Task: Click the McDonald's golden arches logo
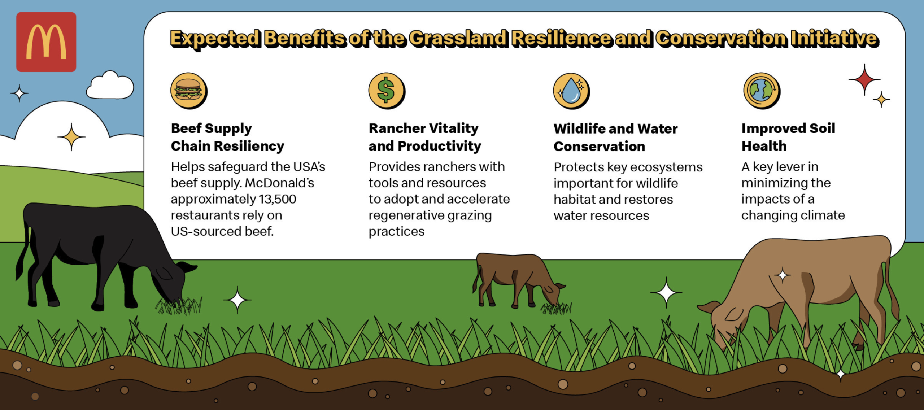(x=46, y=42)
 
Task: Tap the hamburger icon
(x=189, y=91)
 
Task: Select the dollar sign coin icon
(x=387, y=91)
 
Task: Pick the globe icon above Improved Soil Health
(x=762, y=91)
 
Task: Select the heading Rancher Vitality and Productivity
(x=425, y=137)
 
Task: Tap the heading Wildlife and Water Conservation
(x=616, y=138)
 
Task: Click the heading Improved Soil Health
(x=788, y=137)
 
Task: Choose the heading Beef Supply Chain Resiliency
(x=227, y=137)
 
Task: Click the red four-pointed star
(x=864, y=80)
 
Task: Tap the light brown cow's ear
(x=708, y=307)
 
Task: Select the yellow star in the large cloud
(x=71, y=137)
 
